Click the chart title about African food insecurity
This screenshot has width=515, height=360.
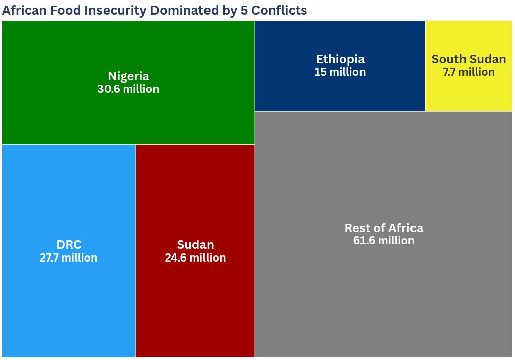154,10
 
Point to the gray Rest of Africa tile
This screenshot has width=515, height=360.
384,293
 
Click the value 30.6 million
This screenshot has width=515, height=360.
128,89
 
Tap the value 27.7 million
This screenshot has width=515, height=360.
69,258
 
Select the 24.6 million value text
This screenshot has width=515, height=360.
195,258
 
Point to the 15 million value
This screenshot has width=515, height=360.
340,72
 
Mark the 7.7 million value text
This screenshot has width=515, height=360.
469,72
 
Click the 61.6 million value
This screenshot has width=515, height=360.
384,241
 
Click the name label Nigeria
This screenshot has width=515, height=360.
128,76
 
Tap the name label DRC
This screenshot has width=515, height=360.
69,245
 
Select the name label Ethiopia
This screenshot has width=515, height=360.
340,59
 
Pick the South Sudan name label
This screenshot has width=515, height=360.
469,59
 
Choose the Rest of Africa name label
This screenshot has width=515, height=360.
384,228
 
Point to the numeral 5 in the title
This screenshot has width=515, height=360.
245,10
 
